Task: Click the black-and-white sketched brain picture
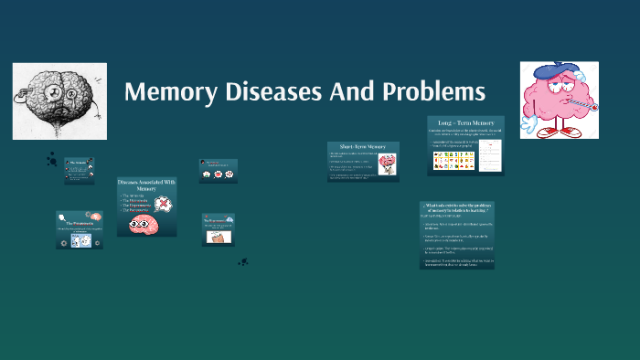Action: tap(59, 101)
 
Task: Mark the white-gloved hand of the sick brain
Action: tap(531, 115)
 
